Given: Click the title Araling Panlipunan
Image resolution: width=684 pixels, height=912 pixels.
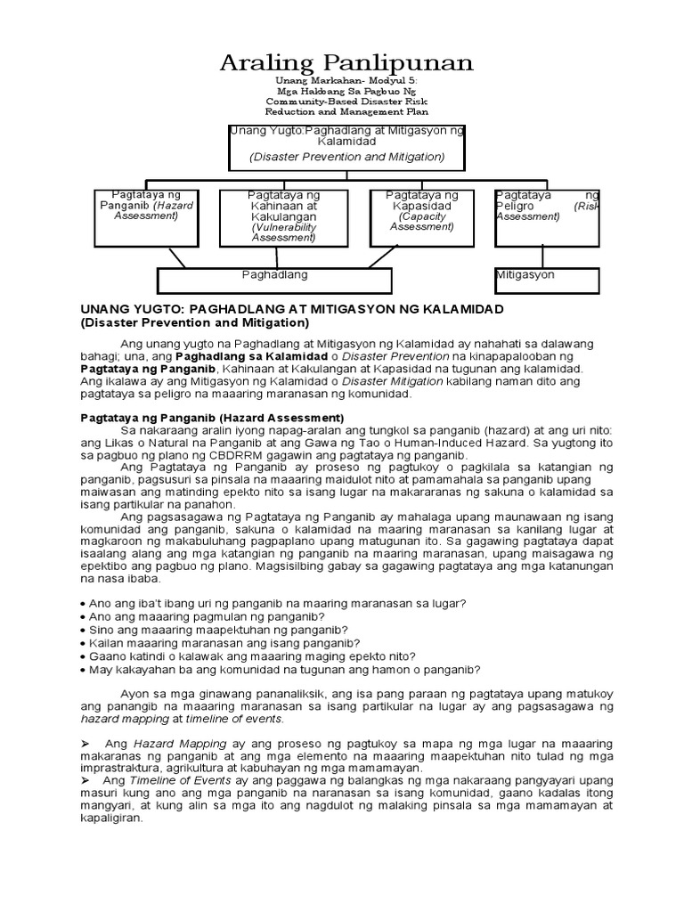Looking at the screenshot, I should [347, 63].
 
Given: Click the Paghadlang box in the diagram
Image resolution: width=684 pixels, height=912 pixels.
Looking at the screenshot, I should [274, 280].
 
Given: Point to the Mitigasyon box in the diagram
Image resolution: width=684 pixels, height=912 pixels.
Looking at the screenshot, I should [547, 280].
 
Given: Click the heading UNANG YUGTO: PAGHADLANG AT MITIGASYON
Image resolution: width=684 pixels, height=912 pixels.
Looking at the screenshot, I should [293, 308].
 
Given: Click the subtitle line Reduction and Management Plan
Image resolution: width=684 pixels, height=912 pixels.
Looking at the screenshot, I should [346, 112].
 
